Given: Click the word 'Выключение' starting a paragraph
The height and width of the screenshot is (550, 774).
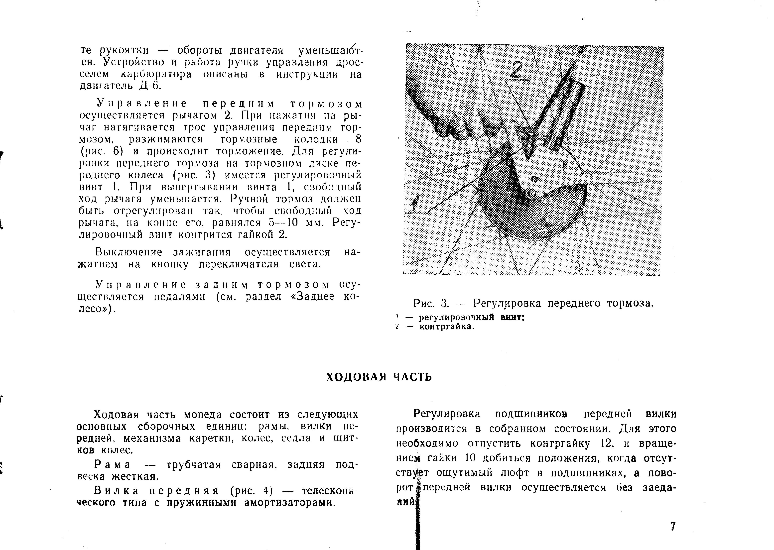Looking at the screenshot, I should pyautogui.click(x=129, y=252).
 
